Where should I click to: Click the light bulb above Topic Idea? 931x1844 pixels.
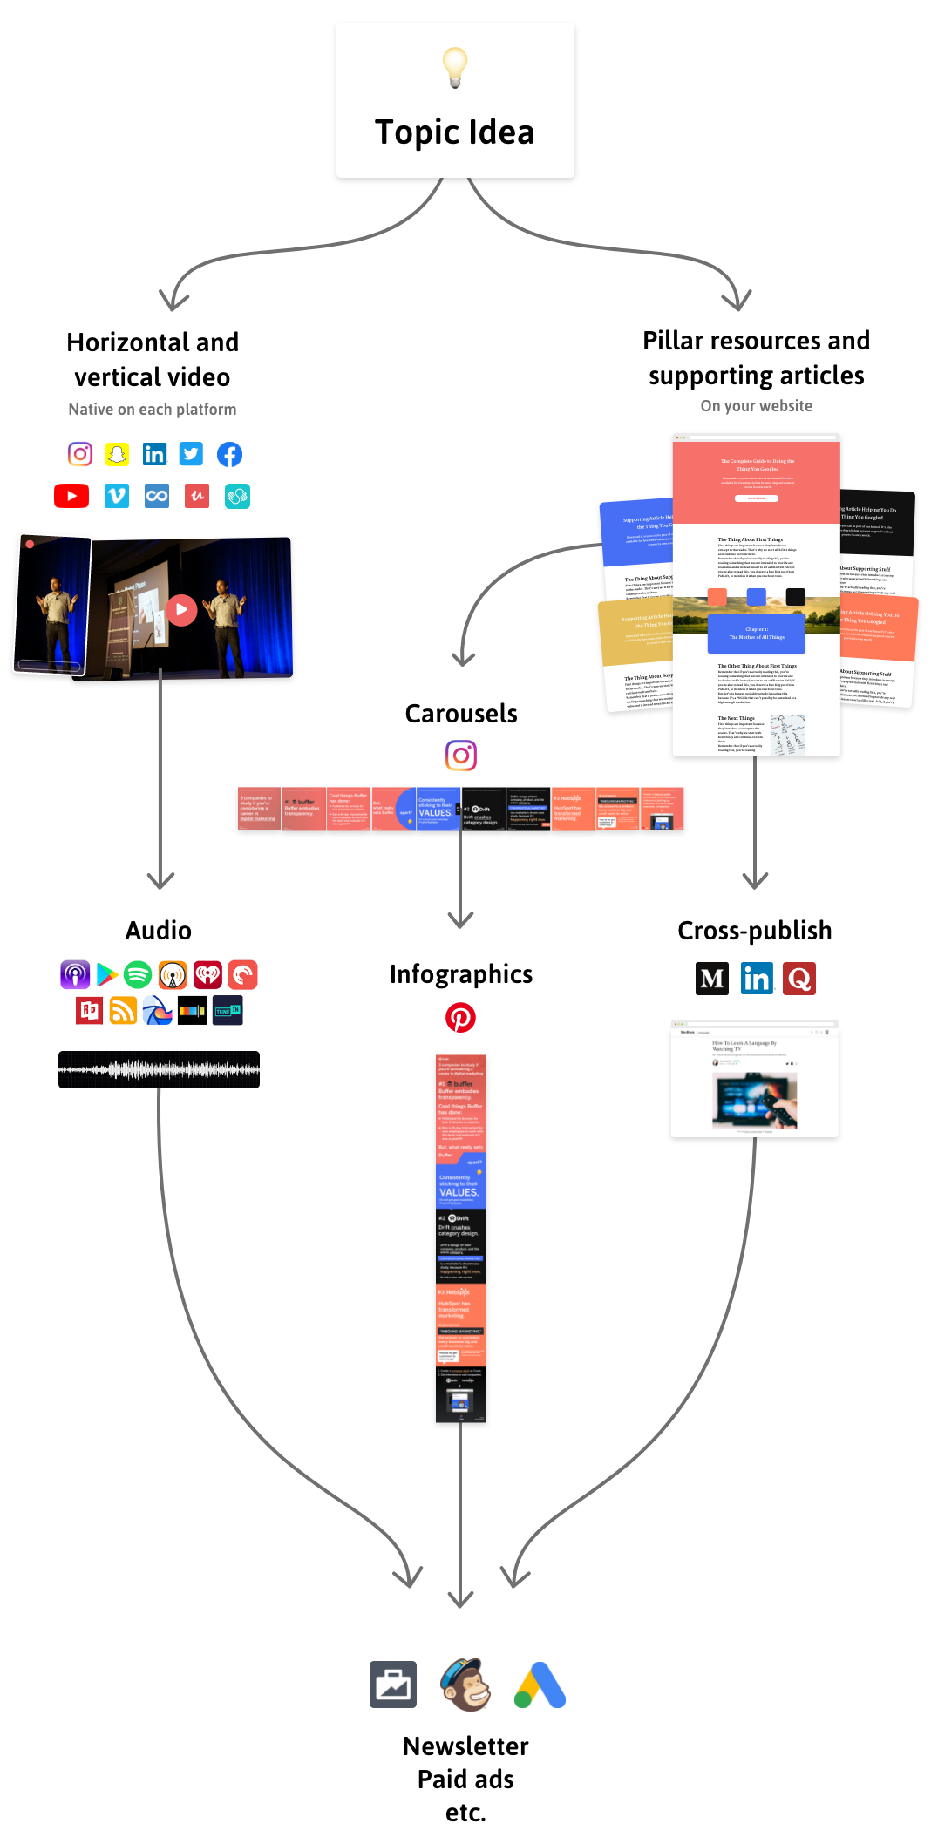tap(454, 67)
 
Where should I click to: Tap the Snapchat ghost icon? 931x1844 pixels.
tap(117, 454)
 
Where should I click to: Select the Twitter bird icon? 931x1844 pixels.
tap(191, 454)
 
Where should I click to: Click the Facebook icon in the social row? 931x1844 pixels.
tap(229, 454)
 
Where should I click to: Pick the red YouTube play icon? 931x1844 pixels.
tap(71, 496)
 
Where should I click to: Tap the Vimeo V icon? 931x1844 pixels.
tap(116, 496)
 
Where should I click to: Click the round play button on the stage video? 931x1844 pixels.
tap(181, 610)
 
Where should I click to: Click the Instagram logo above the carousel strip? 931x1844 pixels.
tap(461, 756)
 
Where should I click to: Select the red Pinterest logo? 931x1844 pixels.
tap(460, 1017)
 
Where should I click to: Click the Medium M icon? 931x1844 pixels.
tap(712, 979)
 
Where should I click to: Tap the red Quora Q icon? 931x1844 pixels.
tap(798, 979)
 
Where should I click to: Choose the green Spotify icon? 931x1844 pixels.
tap(138, 974)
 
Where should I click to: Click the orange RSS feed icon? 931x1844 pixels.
tap(123, 1011)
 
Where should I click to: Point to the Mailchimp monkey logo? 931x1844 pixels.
tap(466, 1685)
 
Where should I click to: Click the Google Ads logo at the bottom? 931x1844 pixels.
tap(540, 1685)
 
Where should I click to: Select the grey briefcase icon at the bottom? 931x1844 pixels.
tap(393, 1685)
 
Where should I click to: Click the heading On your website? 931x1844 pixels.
tap(756, 406)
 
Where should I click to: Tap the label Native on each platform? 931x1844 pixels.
tap(152, 410)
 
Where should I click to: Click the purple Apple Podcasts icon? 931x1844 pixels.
tap(75, 974)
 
